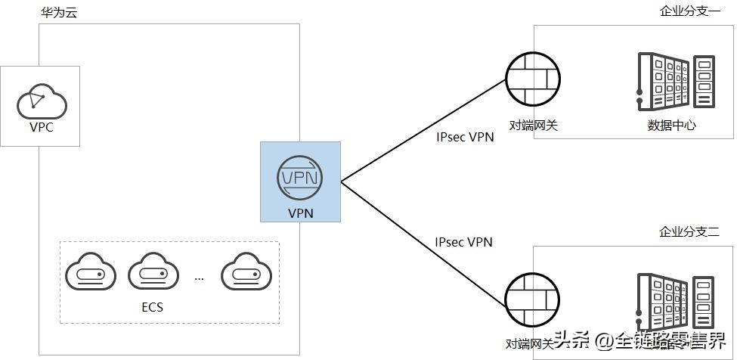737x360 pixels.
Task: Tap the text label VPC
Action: click(41, 127)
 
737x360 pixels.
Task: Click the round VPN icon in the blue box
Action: click(300, 177)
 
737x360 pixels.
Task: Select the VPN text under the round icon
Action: click(300, 213)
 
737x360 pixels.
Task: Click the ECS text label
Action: click(152, 307)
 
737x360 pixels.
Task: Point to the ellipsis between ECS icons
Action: click(199, 278)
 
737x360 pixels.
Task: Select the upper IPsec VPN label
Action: click(465, 138)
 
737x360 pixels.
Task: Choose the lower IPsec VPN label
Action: click(463, 242)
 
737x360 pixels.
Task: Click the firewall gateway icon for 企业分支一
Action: click(534, 80)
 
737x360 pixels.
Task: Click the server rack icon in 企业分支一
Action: click(675, 79)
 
